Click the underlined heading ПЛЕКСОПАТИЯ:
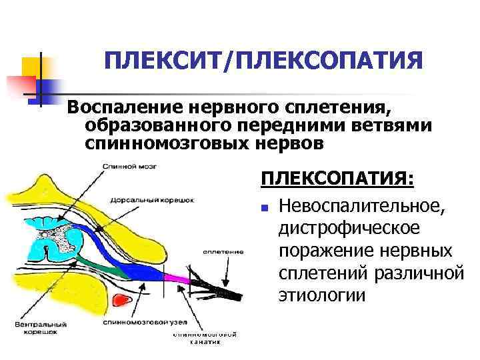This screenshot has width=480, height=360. (x=337, y=180)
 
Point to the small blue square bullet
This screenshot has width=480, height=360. (x=264, y=209)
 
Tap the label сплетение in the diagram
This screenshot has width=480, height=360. (x=223, y=252)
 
